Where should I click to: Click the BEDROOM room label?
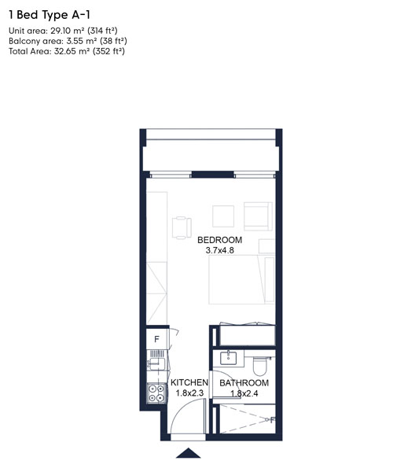tap(219, 240)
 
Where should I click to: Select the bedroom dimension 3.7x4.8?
tap(219, 251)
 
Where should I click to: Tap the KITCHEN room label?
tap(189, 383)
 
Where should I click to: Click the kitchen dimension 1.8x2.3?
tap(189, 394)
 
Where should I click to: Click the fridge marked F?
tap(156, 341)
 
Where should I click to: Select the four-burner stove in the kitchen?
tap(154, 390)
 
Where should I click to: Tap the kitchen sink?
tap(153, 365)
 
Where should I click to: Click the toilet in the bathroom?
tap(262, 363)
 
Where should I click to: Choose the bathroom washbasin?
tap(230, 358)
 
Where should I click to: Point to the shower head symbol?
tap(272, 420)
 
